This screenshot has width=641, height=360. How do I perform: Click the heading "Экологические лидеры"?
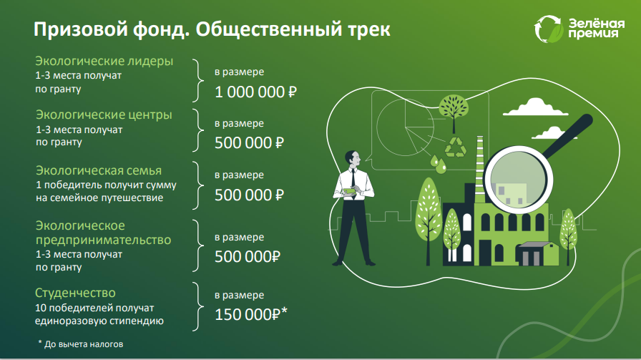pyautogui.click(x=104, y=61)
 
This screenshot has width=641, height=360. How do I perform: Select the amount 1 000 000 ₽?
pyautogui.click(x=255, y=92)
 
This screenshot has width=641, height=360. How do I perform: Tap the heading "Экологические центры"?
pyautogui.click(x=104, y=115)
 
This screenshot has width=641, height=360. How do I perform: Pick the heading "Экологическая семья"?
pyautogui.click(x=99, y=170)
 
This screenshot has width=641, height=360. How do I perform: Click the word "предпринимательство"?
pyautogui.click(x=104, y=240)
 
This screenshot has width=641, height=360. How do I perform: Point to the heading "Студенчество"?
pyautogui.click(x=75, y=293)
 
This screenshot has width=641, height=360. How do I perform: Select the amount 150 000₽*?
pyautogui.click(x=251, y=315)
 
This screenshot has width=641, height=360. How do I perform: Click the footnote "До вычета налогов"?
pyautogui.click(x=84, y=344)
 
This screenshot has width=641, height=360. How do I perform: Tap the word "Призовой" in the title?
pyautogui.click(x=81, y=29)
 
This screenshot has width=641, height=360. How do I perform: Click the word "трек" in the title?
pyautogui.click(x=369, y=29)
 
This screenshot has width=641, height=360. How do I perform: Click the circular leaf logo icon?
pyautogui.click(x=548, y=29)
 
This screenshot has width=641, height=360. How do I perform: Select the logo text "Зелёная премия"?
pyautogui.click(x=597, y=28)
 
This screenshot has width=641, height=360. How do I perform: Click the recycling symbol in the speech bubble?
pyautogui.click(x=456, y=147)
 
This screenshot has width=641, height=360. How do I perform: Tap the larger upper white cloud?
pyautogui.click(x=535, y=107)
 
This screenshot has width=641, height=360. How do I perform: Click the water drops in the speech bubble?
pyautogui.click(x=438, y=164)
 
